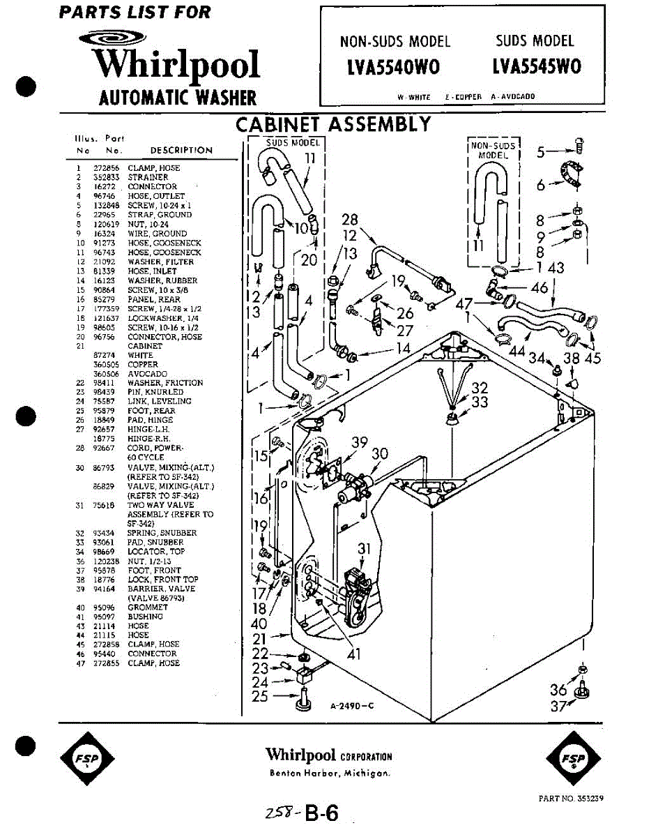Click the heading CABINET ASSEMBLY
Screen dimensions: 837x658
[333, 125]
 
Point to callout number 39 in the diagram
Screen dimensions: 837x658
[359, 442]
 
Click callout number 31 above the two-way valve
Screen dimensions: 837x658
[365, 550]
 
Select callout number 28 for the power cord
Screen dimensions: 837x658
[350, 220]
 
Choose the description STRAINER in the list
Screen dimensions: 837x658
[148, 177]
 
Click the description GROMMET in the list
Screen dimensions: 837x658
[145, 608]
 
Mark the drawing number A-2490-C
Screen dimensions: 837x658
[353, 705]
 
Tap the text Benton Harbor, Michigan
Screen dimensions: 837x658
[330, 773]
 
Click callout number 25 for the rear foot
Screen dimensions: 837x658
[260, 696]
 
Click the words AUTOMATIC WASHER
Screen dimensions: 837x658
[178, 98]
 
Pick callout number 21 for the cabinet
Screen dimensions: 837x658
[259, 638]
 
